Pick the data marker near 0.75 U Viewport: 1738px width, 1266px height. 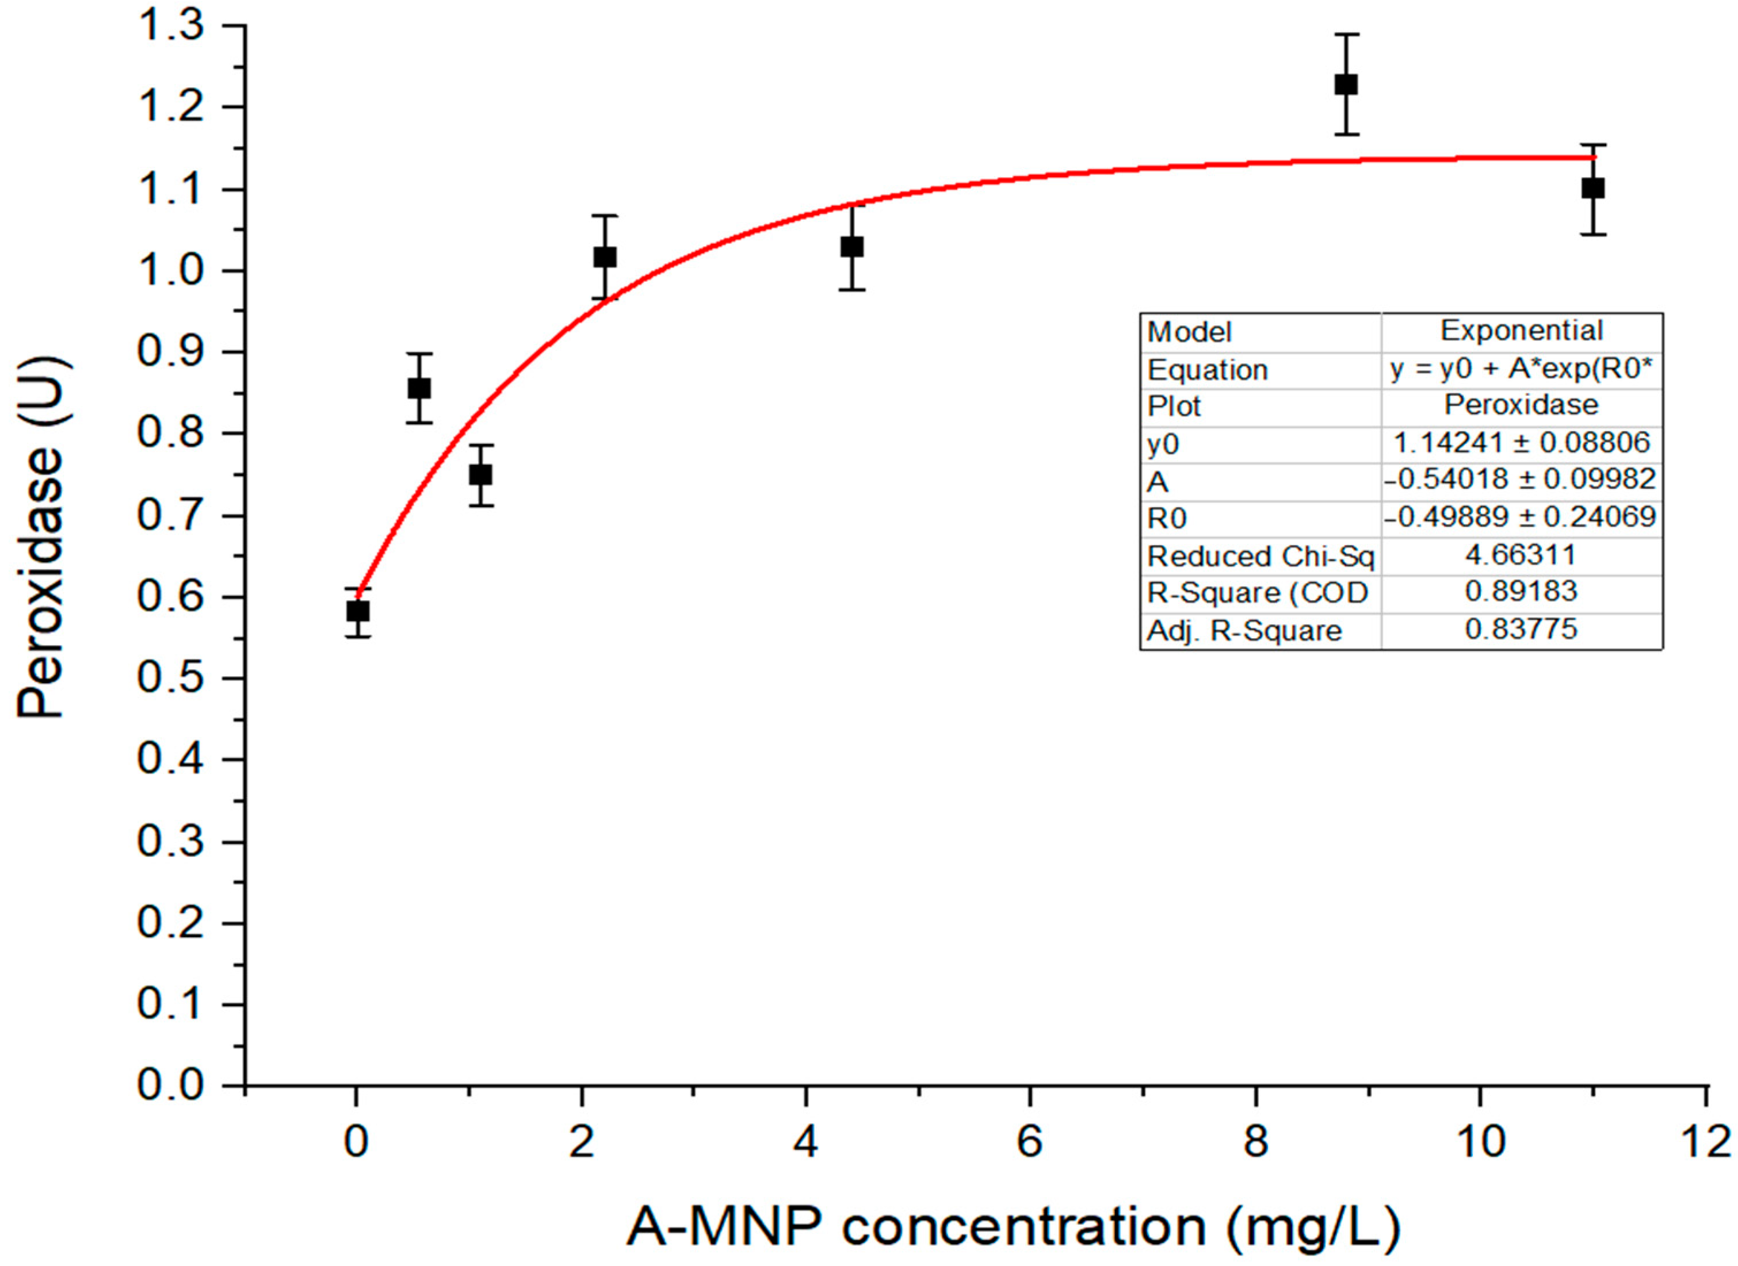(481, 474)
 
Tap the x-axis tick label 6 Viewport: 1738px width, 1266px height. (1030, 1142)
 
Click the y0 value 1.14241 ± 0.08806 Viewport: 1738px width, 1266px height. (1521, 443)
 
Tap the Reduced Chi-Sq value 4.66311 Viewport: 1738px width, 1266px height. (1521, 555)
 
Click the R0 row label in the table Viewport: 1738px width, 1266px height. (1167, 519)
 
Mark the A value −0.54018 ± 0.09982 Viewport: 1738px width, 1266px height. (1521, 479)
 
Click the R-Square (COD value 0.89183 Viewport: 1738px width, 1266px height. (1521, 592)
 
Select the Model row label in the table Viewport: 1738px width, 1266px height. (1189, 332)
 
